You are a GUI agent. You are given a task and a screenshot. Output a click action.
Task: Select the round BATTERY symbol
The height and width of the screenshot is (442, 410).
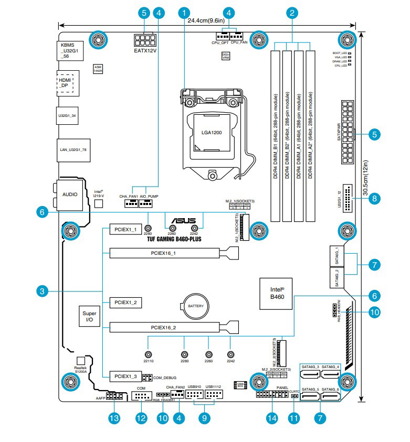[195, 305]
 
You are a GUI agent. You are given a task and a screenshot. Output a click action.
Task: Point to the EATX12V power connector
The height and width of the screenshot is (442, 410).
[143, 40]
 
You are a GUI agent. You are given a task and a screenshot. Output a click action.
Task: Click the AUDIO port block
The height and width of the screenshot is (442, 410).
[70, 194]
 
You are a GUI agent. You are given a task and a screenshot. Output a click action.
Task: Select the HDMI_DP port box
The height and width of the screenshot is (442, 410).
[65, 83]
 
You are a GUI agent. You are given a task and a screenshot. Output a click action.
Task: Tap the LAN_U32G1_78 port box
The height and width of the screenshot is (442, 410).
[71, 149]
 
